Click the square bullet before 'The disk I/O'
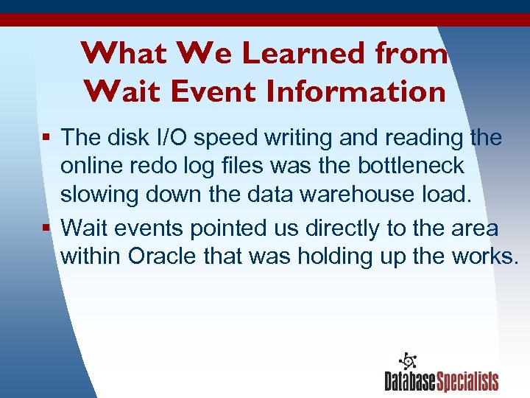pos(48,138)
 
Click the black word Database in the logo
pos(410,381)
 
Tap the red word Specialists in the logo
pos(467,381)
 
